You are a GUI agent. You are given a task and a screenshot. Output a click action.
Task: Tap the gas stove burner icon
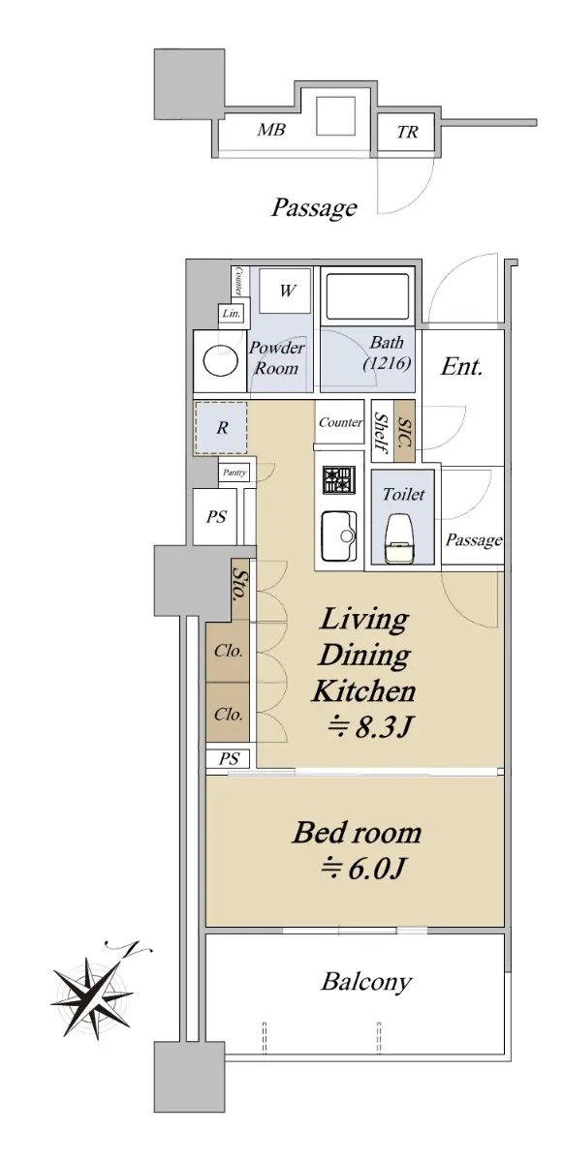(339, 481)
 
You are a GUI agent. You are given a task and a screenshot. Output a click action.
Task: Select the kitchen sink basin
(339, 536)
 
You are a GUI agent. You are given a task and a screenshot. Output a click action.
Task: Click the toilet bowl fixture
(400, 538)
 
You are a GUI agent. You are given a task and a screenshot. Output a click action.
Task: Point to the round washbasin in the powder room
(221, 360)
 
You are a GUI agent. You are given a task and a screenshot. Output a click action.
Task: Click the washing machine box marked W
(285, 290)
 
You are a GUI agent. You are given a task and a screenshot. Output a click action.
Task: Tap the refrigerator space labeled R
(222, 428)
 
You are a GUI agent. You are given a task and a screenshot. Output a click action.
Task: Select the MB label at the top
(271, 129)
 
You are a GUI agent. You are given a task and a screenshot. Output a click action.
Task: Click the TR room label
(407, 132)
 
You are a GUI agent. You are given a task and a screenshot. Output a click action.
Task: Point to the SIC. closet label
(405, 432)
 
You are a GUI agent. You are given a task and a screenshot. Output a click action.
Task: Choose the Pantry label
(235, 473)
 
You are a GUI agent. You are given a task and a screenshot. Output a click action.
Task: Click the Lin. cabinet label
(232, 314)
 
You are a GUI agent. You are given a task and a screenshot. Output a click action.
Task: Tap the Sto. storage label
(239, 584)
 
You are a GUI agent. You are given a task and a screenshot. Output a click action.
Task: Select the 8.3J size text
(369, 727)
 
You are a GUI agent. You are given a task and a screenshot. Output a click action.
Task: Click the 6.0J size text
(362, 869)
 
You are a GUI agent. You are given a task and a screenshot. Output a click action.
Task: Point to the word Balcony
(366, 982)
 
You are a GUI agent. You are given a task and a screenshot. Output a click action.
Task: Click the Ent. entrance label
(462, 367)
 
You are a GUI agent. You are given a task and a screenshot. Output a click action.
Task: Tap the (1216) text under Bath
(387, 364)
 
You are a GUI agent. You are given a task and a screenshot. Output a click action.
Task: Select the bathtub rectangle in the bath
(367, 297)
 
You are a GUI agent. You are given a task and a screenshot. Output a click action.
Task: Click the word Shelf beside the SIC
(382, 433)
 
